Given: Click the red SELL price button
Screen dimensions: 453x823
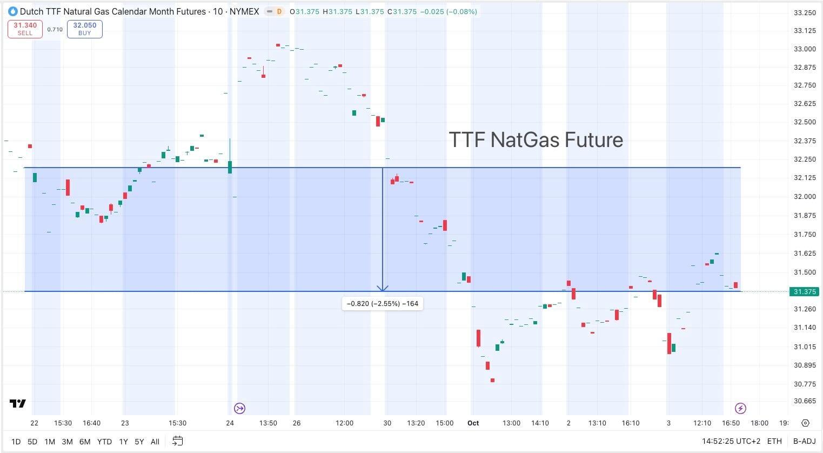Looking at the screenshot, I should [x=25, y=29].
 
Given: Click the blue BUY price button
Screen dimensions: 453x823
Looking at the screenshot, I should [x=85, y=29].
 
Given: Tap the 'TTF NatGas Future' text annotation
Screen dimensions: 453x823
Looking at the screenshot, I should [x=536, y=140].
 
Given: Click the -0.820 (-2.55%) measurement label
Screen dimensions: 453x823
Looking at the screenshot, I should [x=383, y=304].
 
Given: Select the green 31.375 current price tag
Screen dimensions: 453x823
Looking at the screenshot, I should [x=805, y=292].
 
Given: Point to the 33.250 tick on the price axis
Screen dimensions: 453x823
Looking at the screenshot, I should [x=805, y=13].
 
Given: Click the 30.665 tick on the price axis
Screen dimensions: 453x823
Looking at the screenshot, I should [x=805, y=401].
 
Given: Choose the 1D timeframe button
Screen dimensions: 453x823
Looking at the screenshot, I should [x=16, y=442].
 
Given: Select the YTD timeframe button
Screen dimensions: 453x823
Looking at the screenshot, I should [x=104, y=442].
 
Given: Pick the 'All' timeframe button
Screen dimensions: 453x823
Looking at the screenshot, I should [x=155, y=442].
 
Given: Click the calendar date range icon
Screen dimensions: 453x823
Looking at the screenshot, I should [x=177, y=441].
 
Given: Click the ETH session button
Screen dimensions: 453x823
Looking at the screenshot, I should [x=774, y=442].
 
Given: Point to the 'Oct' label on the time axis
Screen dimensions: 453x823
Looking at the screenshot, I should [x=473, y=423].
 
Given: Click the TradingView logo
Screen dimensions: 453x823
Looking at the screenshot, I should [x=18, y=404].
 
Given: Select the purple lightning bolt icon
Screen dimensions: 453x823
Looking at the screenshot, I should [x=741, y=408].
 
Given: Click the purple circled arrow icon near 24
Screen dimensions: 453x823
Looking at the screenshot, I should [x=239, y=408].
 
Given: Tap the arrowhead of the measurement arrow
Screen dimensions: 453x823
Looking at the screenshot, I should [x=383, y=289].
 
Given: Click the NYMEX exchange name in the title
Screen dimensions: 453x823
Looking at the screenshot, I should [x=244, y=11].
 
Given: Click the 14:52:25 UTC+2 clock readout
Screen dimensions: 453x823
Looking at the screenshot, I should [x=731, y=442].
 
